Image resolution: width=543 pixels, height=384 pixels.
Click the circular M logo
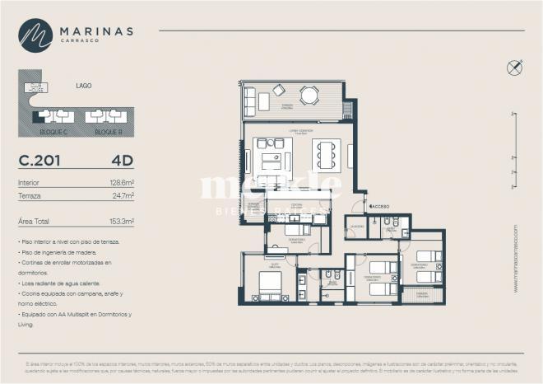(x=35, y=35)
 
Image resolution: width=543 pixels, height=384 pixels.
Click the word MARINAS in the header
(x=96, y=30)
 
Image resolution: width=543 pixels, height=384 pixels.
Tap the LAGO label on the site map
(x=83, y=85)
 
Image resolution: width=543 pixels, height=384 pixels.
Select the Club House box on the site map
(x=35, y=87)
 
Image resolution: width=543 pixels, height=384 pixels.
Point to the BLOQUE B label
(x=108, y=131)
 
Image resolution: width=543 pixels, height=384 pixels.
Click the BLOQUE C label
(x=53, y=131)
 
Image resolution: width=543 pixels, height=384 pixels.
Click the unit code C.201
(x=39, y=161)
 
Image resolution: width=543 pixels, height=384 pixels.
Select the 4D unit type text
(x=123, y=161)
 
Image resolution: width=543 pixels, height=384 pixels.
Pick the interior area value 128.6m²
(x=122, y=182)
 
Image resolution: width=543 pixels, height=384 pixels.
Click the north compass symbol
(x=515, y=68)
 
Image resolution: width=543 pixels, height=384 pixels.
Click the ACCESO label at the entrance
(x=380, y=206)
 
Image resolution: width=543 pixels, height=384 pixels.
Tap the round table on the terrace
(x=309, y=96)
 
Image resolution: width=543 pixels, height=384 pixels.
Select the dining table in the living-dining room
(x=326, y=154)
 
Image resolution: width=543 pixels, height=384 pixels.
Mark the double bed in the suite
(x=270, y=284)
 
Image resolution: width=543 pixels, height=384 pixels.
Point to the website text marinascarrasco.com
(x=516, y=258)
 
